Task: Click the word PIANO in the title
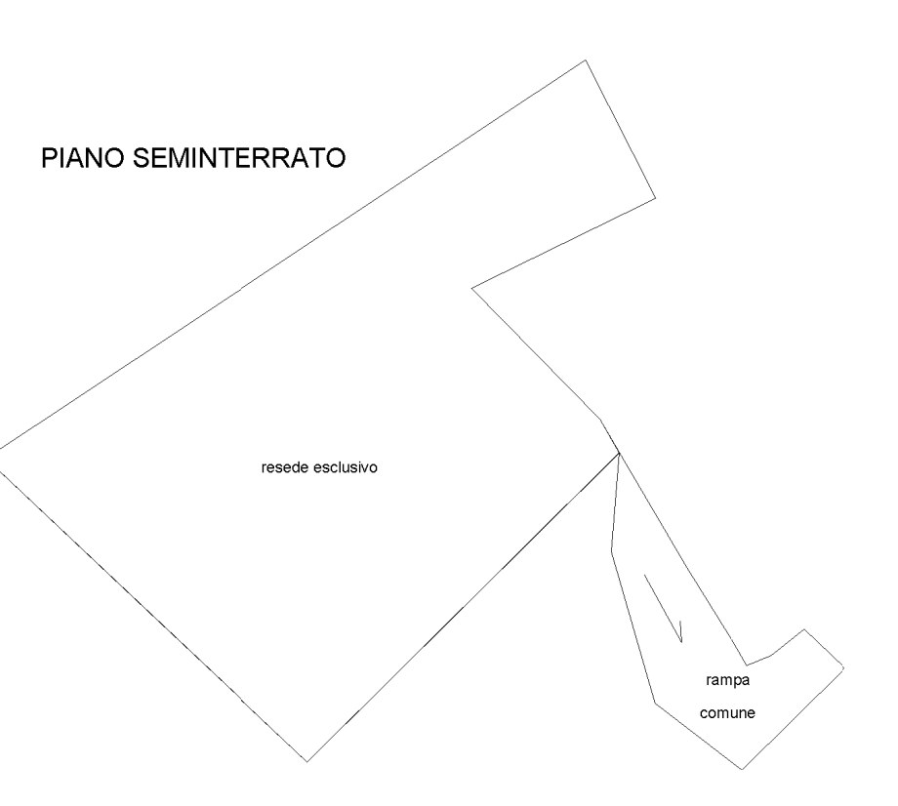point(83,158)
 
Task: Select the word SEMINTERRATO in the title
point(238,158)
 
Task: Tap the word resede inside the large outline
point(284,468)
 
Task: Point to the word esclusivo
point(346,468)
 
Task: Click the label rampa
point(727,681)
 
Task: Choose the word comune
point(727,713)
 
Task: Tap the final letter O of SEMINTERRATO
point(335,158)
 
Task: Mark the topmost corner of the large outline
point(586,60)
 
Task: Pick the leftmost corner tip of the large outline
point(1,448)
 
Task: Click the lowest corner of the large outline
point(307,761)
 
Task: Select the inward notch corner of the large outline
point(473,288)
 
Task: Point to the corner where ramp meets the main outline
point(620,454)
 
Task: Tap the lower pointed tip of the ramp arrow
point(680,640)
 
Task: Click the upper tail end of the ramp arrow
point(643,574)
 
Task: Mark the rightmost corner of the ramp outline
point(843,668)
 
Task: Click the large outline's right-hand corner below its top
point(655,198)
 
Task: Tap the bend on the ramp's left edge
point(611,549)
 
